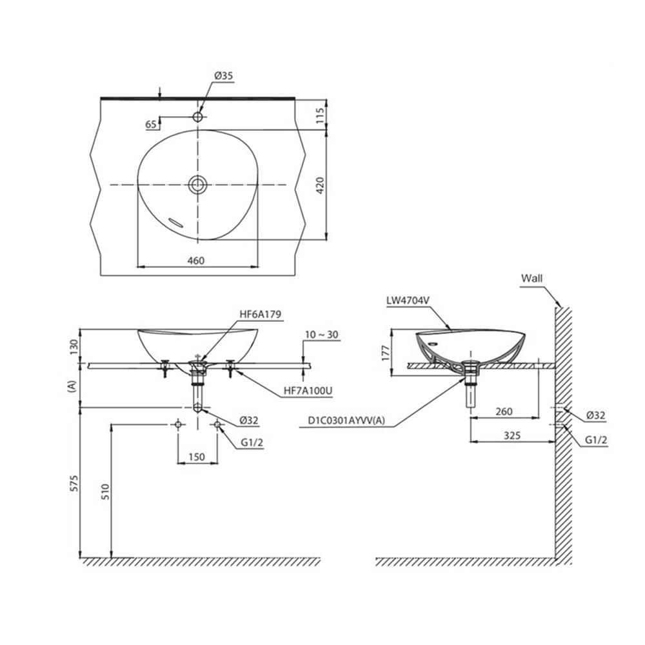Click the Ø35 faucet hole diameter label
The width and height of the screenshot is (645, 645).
click(x=223, y=75)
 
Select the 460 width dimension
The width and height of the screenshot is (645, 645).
click(x=196, y=261)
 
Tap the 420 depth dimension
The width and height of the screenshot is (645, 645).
click(x=321, y=185)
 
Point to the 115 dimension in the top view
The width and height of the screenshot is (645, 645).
click(x=321, y=116)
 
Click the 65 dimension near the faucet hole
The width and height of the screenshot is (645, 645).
click(x=151, y=124)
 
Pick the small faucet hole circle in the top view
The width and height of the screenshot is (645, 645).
click(x=198, y=117)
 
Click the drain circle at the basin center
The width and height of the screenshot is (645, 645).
click(x=198, y=184)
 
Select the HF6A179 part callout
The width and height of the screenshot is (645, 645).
click(x=261, y=314)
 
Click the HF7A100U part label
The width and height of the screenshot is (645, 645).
click(x=308, y=391)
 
